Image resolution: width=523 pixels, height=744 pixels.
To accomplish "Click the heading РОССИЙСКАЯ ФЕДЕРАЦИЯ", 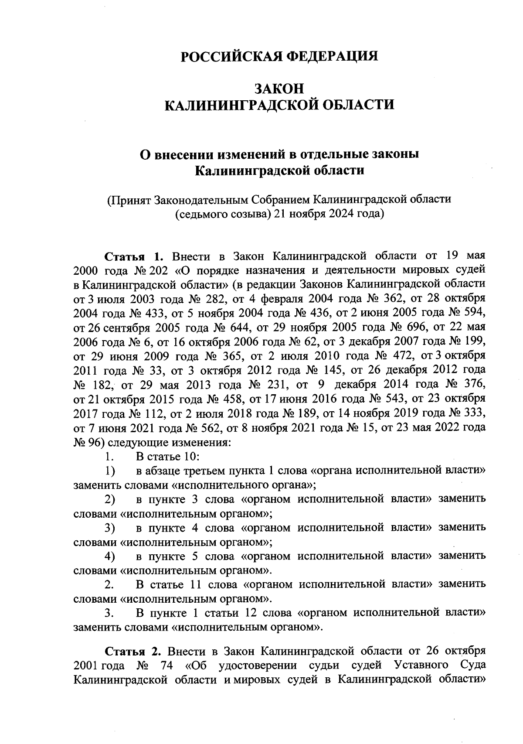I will [x=279, y=57].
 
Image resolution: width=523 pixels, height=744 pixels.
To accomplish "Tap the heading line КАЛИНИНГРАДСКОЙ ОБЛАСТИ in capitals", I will [x=279, y=105].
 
